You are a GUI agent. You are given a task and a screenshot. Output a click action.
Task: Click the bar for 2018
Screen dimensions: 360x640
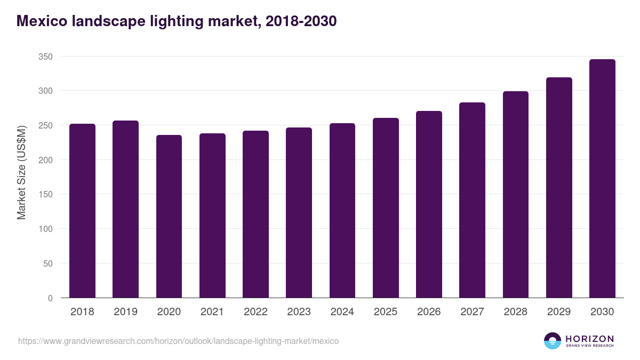click(82, 211)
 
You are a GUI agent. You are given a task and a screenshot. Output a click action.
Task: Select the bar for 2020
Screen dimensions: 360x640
click(169, 216)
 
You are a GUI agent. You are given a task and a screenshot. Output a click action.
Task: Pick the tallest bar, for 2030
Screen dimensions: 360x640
click(602, 179)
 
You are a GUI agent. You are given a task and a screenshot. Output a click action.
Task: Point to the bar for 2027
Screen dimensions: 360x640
click(472, 200)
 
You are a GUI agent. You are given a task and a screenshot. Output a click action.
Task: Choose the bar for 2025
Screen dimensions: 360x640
click(386, 208)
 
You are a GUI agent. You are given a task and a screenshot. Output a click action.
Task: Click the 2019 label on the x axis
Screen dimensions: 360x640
click(125, 312)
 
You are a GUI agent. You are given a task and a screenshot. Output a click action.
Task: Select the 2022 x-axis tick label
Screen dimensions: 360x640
click(255, 312)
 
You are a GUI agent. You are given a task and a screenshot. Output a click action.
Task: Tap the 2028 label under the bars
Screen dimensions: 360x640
click(516, 312)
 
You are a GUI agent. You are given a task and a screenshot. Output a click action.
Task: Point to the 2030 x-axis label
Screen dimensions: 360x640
click(602, 312)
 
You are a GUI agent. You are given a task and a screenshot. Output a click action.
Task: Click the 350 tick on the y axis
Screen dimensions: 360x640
click(45, 57)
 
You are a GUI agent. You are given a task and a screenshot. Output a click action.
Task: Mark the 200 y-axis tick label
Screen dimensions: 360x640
click(45, 160)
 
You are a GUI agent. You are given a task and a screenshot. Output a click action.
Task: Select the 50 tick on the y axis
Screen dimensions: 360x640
click(47, 263)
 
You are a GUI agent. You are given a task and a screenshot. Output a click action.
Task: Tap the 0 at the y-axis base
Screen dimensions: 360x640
click(50, 298)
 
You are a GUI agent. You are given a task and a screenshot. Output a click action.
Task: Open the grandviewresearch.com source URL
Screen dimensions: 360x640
click(178, 341)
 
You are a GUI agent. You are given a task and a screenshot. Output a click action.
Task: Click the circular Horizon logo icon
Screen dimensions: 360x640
click(553, 341)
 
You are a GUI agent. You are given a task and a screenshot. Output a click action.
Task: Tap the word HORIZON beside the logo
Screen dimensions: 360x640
click(589, 339)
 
